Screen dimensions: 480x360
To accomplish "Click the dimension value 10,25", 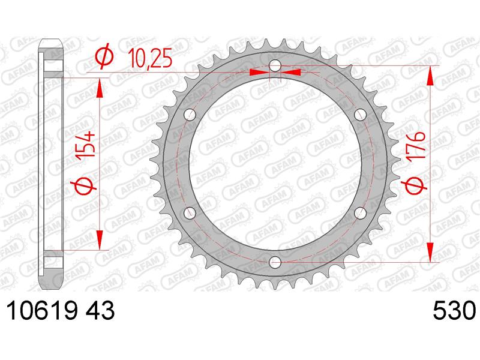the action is pos(150,58).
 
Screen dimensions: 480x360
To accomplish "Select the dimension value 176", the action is pos(416,145).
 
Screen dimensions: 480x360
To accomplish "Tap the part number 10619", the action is pos(41,311).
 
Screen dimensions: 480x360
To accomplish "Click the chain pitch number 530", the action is pos(455,311).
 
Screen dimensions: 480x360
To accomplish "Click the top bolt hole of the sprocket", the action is pos(275,65).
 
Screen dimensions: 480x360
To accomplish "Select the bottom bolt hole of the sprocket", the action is pos(275,262).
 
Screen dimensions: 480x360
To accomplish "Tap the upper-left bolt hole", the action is pos(190,115).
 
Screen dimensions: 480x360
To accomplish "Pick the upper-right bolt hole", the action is pos(360,115).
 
